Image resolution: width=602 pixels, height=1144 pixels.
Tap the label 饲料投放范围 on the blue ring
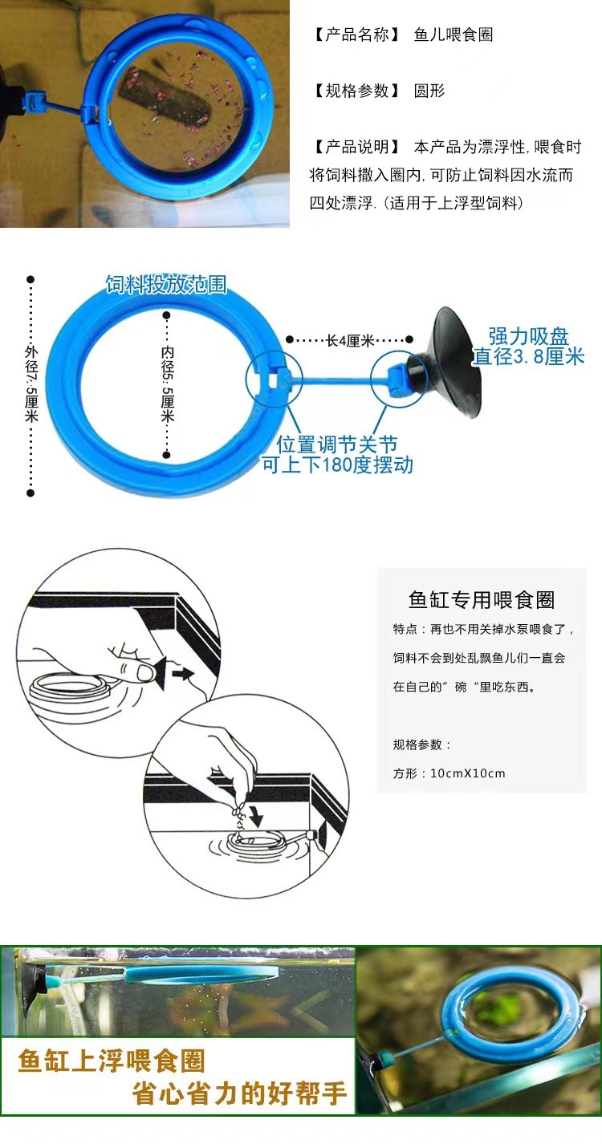tap(166, 284)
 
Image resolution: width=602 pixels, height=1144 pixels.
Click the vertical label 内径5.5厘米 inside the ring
tap(167, 383)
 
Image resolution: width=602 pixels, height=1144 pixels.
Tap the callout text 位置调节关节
tap(337, 444)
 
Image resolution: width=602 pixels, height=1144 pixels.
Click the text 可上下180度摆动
tap(337, 464)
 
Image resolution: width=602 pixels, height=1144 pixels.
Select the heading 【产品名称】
tap(354, 34)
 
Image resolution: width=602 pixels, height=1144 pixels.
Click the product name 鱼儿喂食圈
tap(454, 34)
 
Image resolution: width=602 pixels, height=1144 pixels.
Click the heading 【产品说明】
tap(354, 147)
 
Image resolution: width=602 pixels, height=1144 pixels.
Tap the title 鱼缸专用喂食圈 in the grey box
tap(482, 599)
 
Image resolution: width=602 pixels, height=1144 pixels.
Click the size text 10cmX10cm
tap(468, 773)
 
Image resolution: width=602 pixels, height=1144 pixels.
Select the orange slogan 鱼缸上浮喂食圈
tap(112, 1061)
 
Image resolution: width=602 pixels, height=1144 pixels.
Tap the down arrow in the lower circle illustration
tap(256, 817)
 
